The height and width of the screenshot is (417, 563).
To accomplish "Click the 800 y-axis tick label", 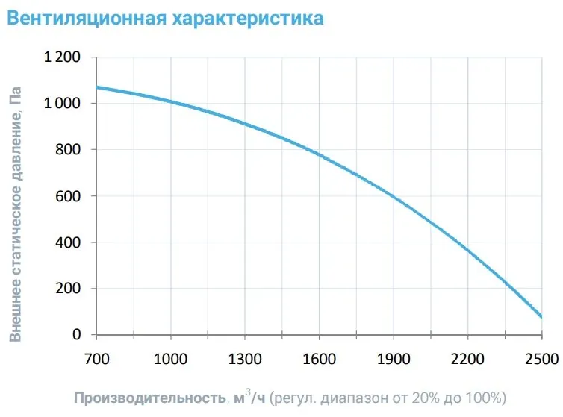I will click(69, 150).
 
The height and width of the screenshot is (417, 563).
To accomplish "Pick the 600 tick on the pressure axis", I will click(69, 196).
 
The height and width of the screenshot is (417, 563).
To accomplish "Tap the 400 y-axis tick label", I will click(69, 242).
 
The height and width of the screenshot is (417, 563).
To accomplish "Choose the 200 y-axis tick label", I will click(69, 289).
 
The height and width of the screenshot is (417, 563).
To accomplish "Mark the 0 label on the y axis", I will click(76, 335).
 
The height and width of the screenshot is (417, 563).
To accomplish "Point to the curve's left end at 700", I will click(97, 87).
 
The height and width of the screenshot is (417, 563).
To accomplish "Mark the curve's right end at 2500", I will click(541, 317).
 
